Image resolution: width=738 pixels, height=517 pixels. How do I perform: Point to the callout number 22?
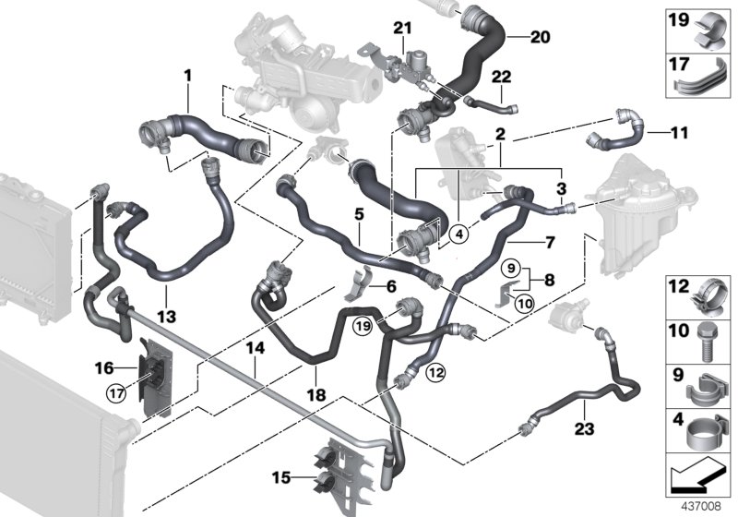pos(501,76)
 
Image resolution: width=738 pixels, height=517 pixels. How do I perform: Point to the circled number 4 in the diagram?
pos(458,234)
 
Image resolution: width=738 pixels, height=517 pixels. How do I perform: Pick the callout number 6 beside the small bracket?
pos(391,288)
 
